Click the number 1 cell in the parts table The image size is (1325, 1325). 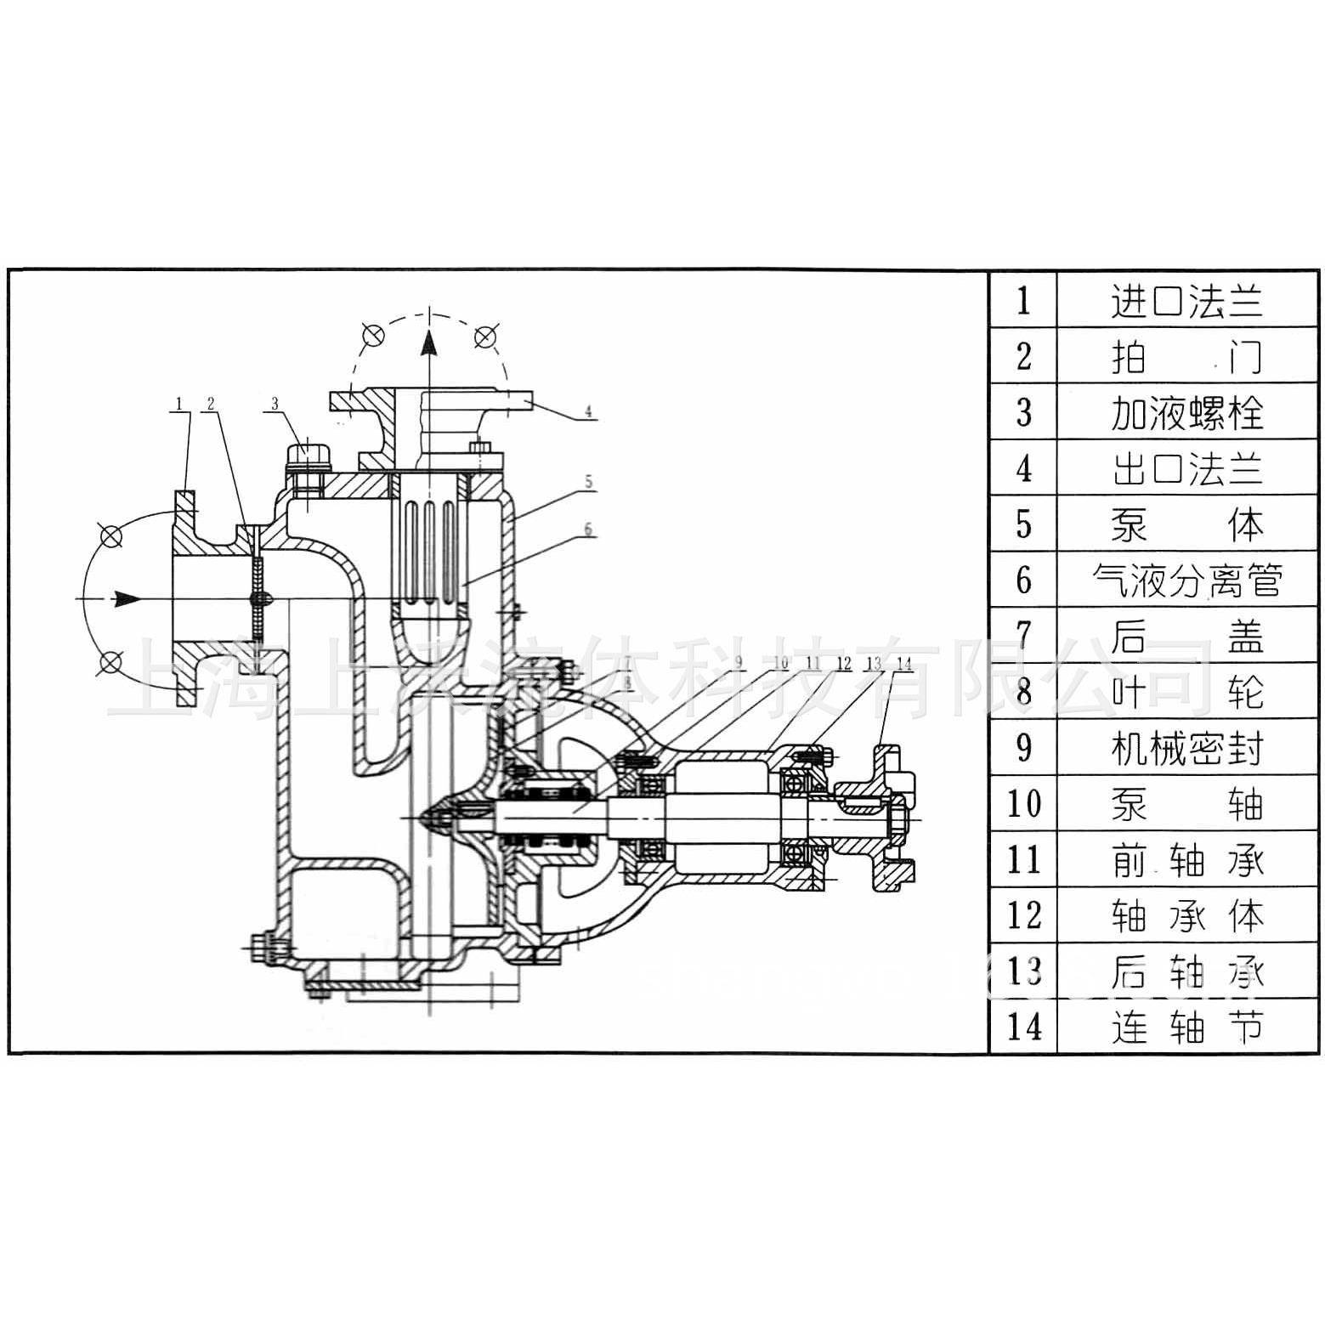(x=1023, y=300)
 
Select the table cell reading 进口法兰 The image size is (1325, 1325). (x=1187, y=300)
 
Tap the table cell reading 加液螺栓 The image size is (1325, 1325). (x=1187, y=412)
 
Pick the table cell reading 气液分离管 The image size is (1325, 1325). (x=1187, y=580)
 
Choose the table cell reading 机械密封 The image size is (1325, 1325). (x=1187, y=748)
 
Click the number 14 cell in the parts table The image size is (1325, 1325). (x=1023, y=1027)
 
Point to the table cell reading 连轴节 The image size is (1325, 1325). (x=1187, y=1027)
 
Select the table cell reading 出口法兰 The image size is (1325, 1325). (x=1187, y=468)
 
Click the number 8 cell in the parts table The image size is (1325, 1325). (x=1023, y=692)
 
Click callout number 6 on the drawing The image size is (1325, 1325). (x=587, y=529)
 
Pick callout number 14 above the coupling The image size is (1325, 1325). (x=903, y=662)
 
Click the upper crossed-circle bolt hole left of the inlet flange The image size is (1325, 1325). (x=110, y=536)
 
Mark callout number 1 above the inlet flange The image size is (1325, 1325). (x=178, y=404)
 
